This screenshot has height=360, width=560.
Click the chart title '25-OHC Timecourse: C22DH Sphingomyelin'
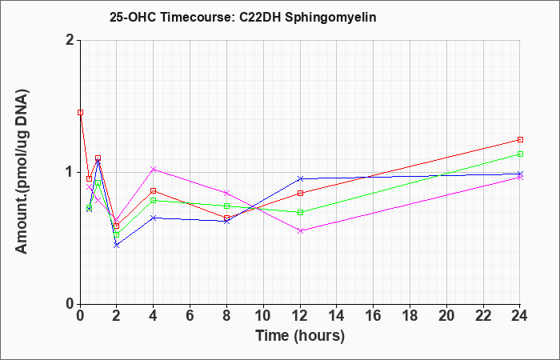coord(243,17)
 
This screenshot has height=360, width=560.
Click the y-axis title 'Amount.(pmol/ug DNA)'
coord(22,172)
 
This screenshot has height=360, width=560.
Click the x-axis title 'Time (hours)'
coord(300,336)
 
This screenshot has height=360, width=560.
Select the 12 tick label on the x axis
coord(300,316)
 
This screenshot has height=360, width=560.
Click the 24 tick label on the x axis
coord(519,316)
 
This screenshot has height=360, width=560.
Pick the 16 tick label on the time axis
coord(374,316)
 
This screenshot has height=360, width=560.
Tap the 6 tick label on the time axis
coord(190,316)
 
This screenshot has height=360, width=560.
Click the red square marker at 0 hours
coord(80,113)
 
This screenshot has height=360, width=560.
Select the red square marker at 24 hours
coord(520,140)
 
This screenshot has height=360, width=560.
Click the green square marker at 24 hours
coord(520,154)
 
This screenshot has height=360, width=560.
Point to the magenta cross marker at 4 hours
coord(154,170)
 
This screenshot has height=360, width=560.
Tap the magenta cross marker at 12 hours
coord(300,230)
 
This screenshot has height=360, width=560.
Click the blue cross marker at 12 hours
coord(300,178)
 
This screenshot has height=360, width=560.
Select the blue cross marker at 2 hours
coord(116,245)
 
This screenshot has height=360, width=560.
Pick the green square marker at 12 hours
coord(300,212)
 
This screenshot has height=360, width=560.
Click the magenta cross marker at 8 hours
coord(226,194)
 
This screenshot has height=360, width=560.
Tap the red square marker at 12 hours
coord(300,194)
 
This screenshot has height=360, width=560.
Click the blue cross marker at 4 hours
coord(154,218)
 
